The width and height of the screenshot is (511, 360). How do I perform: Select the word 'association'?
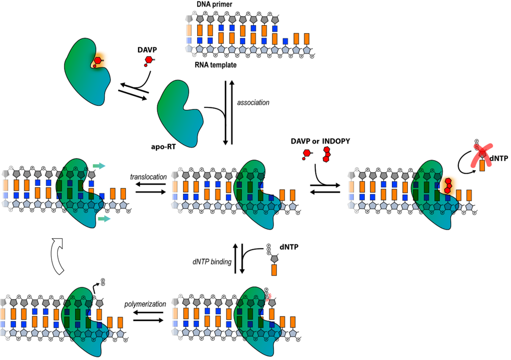(253, 102)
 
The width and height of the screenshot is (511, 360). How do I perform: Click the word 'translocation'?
(148, 177)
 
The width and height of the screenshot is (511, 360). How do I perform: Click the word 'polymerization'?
(145, 304)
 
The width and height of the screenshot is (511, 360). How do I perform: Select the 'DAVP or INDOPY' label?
(320, 141)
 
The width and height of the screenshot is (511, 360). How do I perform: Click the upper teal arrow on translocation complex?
(99, 166)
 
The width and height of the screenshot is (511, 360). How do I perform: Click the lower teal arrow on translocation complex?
(103, 218)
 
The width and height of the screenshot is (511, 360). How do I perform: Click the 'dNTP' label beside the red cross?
(498, 159)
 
